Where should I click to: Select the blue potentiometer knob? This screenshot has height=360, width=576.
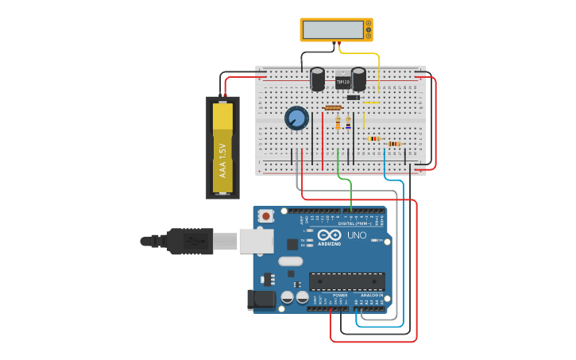[296, 118]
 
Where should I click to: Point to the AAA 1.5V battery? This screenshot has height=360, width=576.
[222, 148]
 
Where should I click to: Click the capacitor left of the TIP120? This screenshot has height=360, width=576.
[318, 79]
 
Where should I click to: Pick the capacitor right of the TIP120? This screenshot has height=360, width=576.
[359, 78]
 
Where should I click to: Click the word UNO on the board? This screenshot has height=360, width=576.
[357, 235]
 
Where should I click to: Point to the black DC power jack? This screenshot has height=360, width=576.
[262, 300]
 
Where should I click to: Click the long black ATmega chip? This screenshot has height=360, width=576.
[347, 281]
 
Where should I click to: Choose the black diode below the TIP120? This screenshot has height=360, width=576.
[354, 98]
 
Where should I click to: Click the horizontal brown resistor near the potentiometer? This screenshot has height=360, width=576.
[334, 108]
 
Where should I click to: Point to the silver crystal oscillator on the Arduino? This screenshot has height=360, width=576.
[290, 261]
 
